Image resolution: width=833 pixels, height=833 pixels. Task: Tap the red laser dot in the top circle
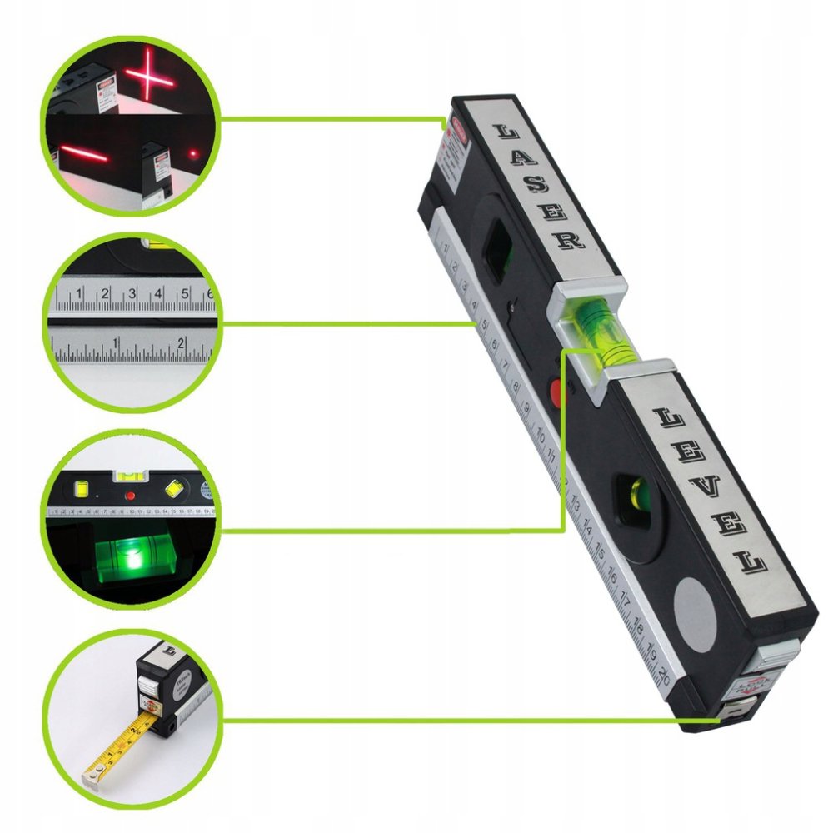coord(193,153)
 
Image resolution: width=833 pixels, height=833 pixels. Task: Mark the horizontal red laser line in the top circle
coord(82,155)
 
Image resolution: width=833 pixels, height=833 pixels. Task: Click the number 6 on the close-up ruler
coord(210,293)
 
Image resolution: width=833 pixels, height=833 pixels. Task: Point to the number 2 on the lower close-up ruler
coord(181,341)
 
